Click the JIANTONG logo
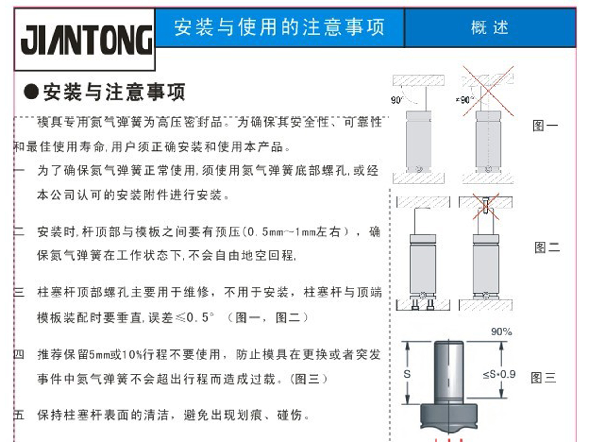pyautogui.click(x=87, y=40)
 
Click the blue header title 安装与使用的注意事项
pyautogui.click(x=279, y=27)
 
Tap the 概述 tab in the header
pyautogui.click(x=490, y=28)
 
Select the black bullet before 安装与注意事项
pyautogui.click(x=31, y=92)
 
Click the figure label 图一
pyautogui.click(x=545, y=126)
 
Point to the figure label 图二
pyautogui.click(x=547, y=247)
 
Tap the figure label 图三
pyautogui.click(x=544, y=378)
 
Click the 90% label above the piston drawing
pyautogui.click(x=502, y=332)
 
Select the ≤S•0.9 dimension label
pyautogui.click(x=499, y=374)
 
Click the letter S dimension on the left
pyautogui.click(x=407, y=374)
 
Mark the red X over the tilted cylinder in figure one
pyautogui.click(x=488, y=91)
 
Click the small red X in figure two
pyautogui.click(x=486, y=206)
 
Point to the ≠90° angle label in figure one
pyautogui.click(x=465, y=100)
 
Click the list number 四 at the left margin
pyautogui.click(x=19, y=354)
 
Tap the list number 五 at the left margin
pyautogui.click(x=19, y=415)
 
